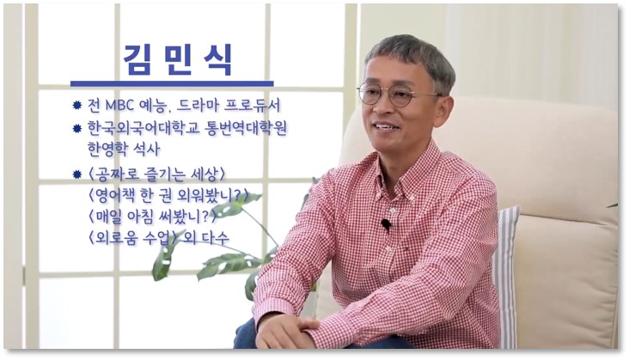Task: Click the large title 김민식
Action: pos(178,60)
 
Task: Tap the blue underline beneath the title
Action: pos(172,84)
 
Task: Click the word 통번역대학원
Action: pos(246,128)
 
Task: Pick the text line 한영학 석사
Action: pos(124,149)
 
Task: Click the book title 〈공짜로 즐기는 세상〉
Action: pos(156,174)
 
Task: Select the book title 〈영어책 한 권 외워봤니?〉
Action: pos(168,196)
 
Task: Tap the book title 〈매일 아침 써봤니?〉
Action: pos(152,217)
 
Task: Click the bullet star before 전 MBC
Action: pos(77,106)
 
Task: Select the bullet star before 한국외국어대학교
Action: pos(77,129)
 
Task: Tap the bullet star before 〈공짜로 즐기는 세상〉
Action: pos(77,174)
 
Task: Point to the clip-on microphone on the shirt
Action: pos(386,225)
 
